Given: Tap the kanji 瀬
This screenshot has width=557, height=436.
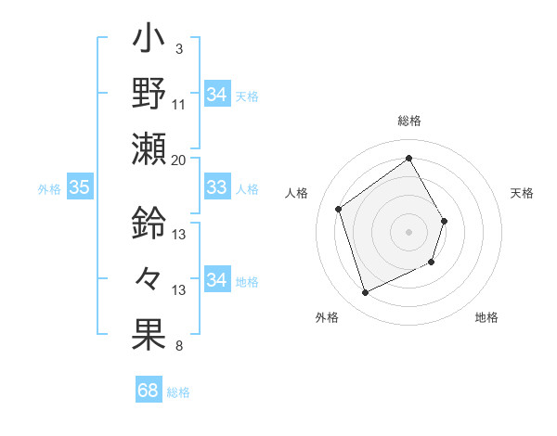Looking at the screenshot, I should (149, 148).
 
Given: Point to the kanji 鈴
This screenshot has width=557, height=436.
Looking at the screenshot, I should (149, 223).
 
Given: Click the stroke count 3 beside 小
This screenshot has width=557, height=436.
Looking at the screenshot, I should (178, 48).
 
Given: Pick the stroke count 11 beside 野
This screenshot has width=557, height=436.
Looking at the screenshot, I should (179, 104).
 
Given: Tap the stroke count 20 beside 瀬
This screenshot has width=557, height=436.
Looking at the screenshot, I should (179, 160).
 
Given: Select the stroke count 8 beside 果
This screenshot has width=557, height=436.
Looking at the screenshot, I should (178, 347).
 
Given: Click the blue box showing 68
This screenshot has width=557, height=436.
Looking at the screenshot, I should (149, 391).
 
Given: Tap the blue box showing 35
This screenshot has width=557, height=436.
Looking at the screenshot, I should (79, 188).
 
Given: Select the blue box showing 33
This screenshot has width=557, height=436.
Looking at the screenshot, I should (216, 188).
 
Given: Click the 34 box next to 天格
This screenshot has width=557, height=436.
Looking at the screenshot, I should (216, 95).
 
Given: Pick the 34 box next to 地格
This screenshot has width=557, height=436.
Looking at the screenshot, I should (216, 281).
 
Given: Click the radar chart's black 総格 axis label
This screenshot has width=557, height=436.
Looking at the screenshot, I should (408, 121).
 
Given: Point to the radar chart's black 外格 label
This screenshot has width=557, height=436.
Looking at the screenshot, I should (327, 317).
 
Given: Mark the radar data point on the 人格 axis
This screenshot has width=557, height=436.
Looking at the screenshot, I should (339, 209).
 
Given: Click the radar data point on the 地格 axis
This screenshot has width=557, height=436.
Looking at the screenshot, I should (433, 263).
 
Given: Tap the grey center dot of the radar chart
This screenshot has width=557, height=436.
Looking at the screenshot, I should (408, 231).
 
